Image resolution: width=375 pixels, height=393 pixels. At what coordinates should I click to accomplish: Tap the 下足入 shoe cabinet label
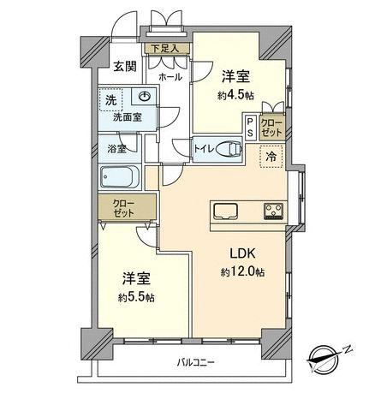161,49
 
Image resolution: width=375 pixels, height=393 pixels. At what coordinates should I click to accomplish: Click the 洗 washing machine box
110,101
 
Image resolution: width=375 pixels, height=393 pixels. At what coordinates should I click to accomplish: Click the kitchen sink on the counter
226,211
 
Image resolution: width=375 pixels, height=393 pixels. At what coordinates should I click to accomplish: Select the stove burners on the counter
274,211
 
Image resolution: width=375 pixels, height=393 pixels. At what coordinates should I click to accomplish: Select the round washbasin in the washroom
145,96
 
